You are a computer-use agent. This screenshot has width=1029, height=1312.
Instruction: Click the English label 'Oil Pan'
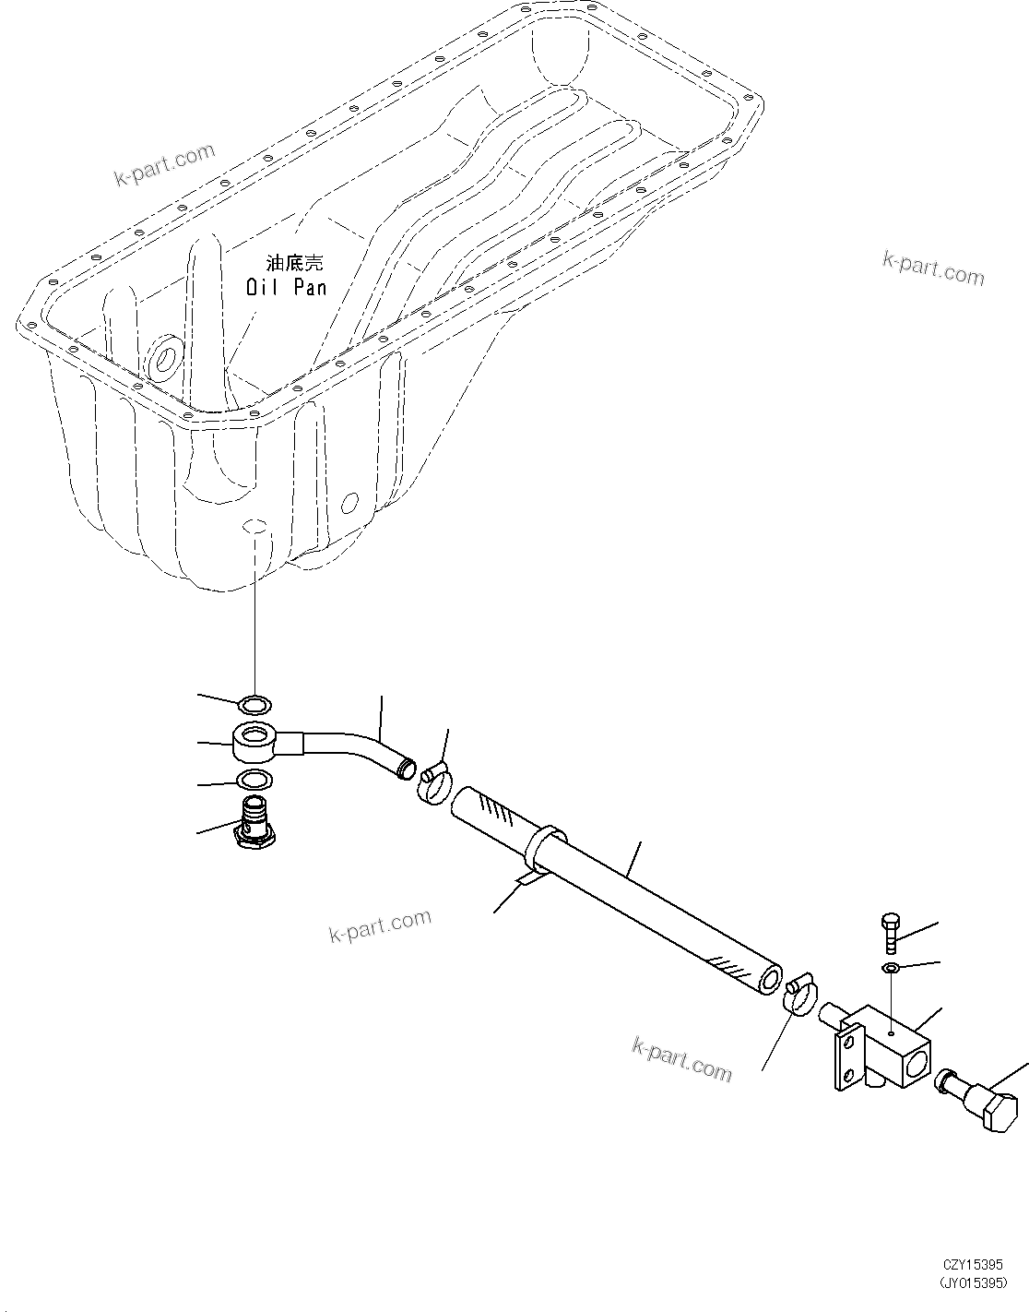pos(286,288)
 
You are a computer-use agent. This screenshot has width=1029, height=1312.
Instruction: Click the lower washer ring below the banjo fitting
pos(254,781)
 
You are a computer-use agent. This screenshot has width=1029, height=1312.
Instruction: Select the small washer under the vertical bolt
pos(892,967)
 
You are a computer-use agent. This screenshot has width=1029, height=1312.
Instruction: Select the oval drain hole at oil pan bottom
pos(254,526)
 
